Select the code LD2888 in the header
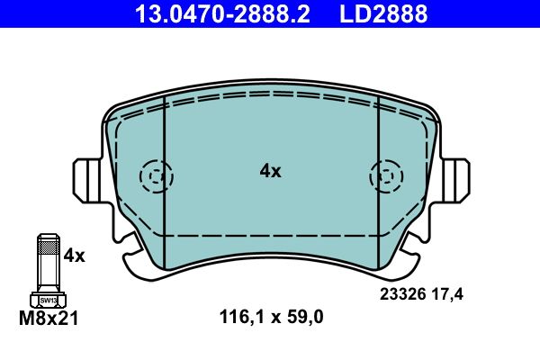pyautogui.click(x=382, y=14)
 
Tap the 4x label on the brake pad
pyautogui.click(x=270, y=171)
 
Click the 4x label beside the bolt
pyautogui.click(x=73, y=256)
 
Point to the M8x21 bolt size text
pyautogui.click(x=49, y=317)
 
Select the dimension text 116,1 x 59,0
pyautogui.click(x=271, y=317)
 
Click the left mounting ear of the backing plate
pyautogui.click(x=87, y=177)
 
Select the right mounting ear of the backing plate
pyautogui.click(x=454, y=177)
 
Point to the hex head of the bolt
pyautogui.click(x=49, y=299)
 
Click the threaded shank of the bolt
pyautogui.click(x=49, y=261)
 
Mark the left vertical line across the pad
pyautogui.click(x=165, y=171)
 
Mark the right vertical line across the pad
pyautogui.click(x=378, y=171)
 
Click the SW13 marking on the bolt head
pyautogui.click(x=49, y=298)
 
